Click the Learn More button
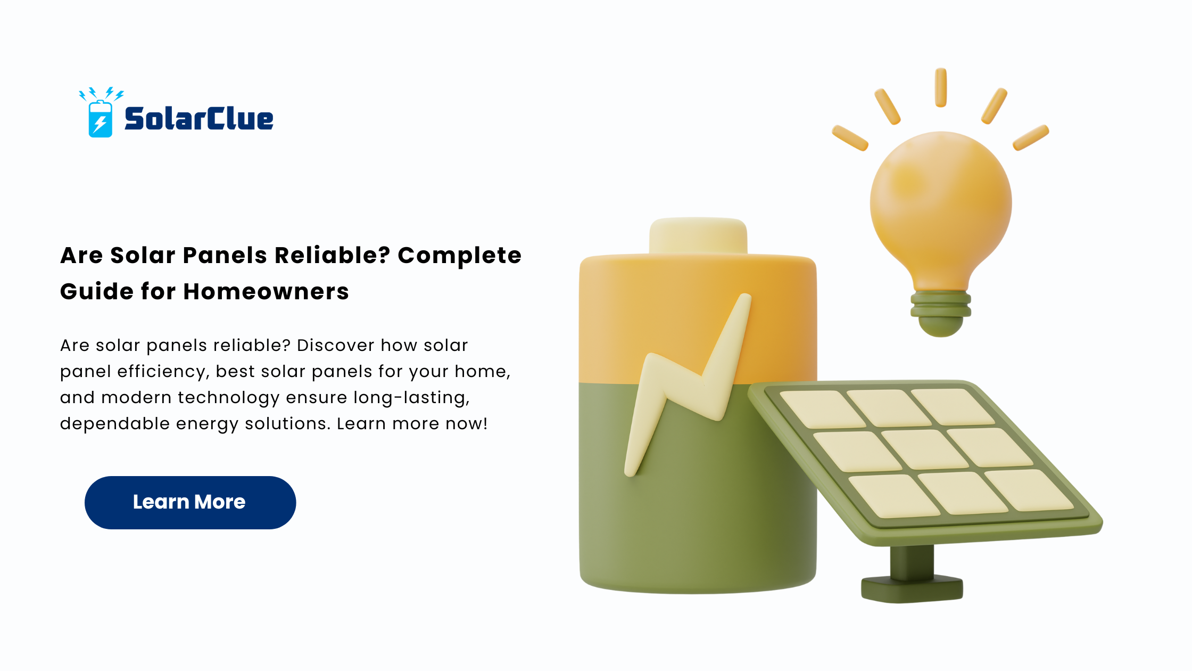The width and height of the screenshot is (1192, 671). [190, 502]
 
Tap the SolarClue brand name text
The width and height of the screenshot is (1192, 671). [199, 118]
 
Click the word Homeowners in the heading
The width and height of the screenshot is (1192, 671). [266, 292]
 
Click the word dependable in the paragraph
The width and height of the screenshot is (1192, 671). [115, 424]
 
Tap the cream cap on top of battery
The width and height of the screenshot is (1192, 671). [698, 235]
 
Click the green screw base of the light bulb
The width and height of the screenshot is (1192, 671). [941, 313]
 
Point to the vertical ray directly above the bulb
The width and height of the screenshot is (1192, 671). [941, 87]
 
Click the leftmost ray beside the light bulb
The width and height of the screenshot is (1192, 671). [850, 138]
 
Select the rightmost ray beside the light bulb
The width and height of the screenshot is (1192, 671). [1031, 138]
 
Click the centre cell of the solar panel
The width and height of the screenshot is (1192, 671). [925, 449]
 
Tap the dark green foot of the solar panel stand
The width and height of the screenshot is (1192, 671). [912, 589]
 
